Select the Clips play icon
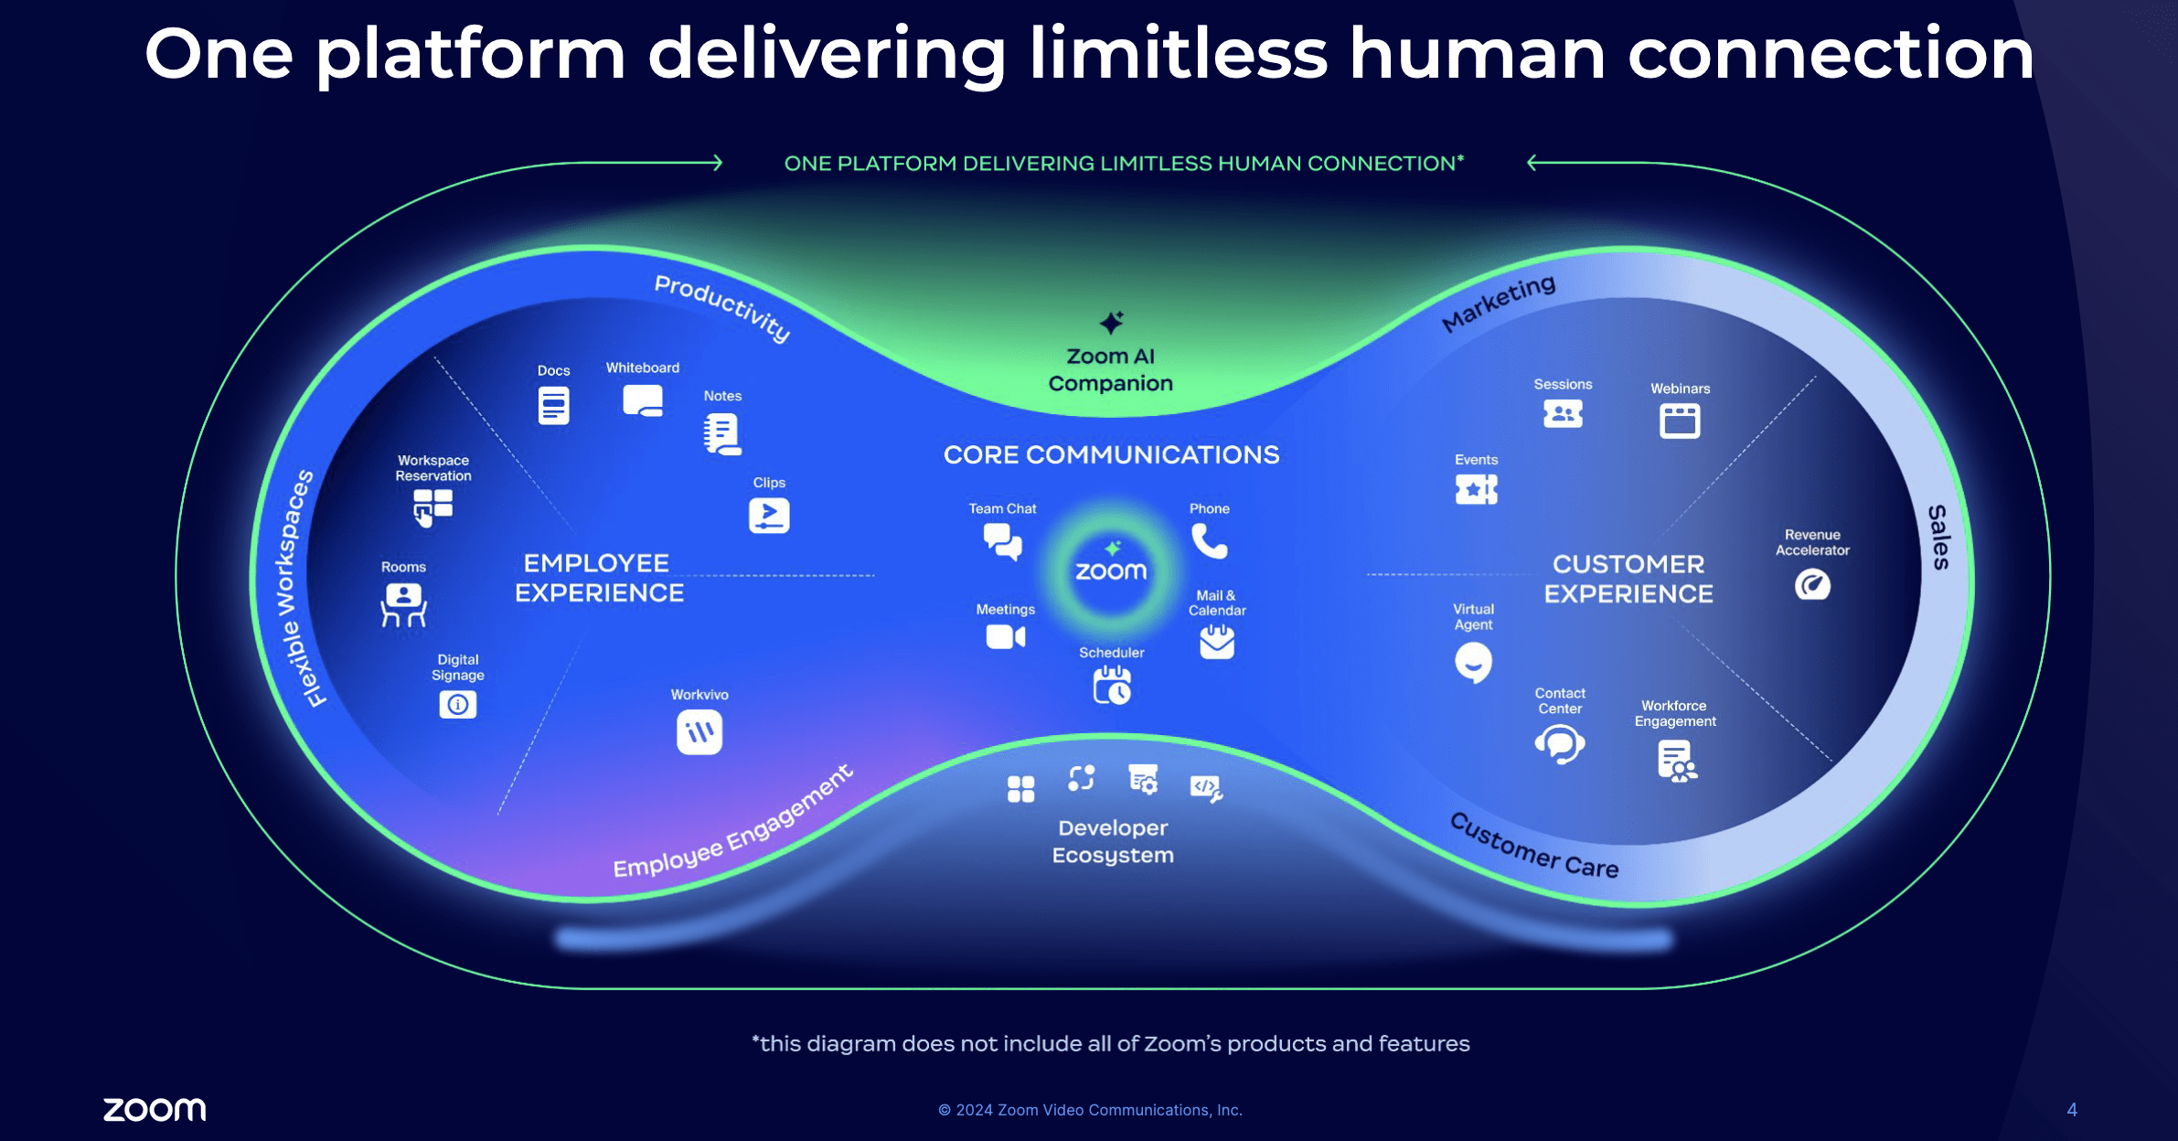click(769, 516)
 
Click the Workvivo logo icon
click(699, 732)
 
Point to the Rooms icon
click(403, 604)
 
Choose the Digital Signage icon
click(458, 704)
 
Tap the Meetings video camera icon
click(1005, 636)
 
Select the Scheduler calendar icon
click(1112, 685)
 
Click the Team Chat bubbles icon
click(1003, 542)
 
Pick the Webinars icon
click(1680, 421)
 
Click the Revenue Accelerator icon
click(1812, 584)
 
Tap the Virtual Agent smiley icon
click(1473, 662)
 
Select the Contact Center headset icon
click(1560, 744)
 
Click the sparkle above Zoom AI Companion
click(1111, 322)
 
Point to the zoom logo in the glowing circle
click(1111, 571)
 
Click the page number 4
click(2072, 1109)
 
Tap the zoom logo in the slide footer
click(155, 1109)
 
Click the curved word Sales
click(1938, 538)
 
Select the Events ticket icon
click(1476, 489)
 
